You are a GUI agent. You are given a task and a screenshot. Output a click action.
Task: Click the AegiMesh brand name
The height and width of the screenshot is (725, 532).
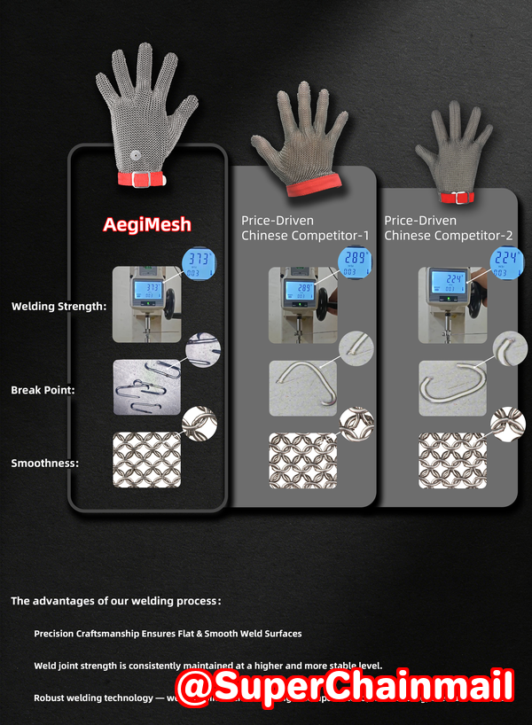point(147,224)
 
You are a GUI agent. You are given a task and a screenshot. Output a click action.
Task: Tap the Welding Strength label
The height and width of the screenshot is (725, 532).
point(59,307)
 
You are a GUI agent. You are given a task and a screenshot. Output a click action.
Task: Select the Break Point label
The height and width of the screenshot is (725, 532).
point(43,389)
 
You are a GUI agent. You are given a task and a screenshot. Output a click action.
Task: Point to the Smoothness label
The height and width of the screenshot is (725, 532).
point(44,463)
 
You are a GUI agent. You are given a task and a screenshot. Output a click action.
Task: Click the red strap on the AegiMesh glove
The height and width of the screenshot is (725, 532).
point(142,179)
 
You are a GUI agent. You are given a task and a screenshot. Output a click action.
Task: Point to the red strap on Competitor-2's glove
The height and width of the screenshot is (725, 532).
point(458,198)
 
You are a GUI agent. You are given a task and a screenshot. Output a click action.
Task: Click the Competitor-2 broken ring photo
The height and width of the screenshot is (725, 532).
point(452,387)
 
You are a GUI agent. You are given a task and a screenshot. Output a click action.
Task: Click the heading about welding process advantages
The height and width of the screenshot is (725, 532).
point(115,601)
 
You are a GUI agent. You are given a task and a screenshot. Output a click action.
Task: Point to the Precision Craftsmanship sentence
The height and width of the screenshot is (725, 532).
point(168,634)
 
